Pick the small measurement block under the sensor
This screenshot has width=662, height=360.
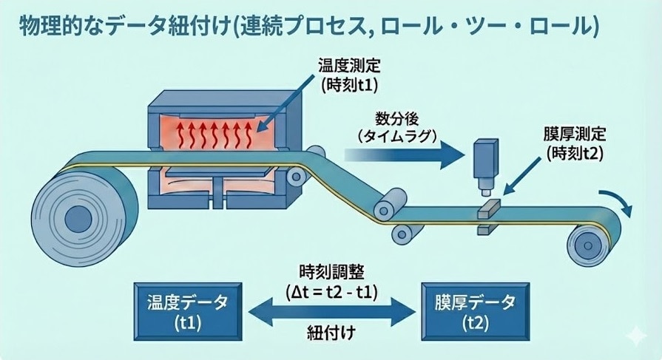487,211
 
